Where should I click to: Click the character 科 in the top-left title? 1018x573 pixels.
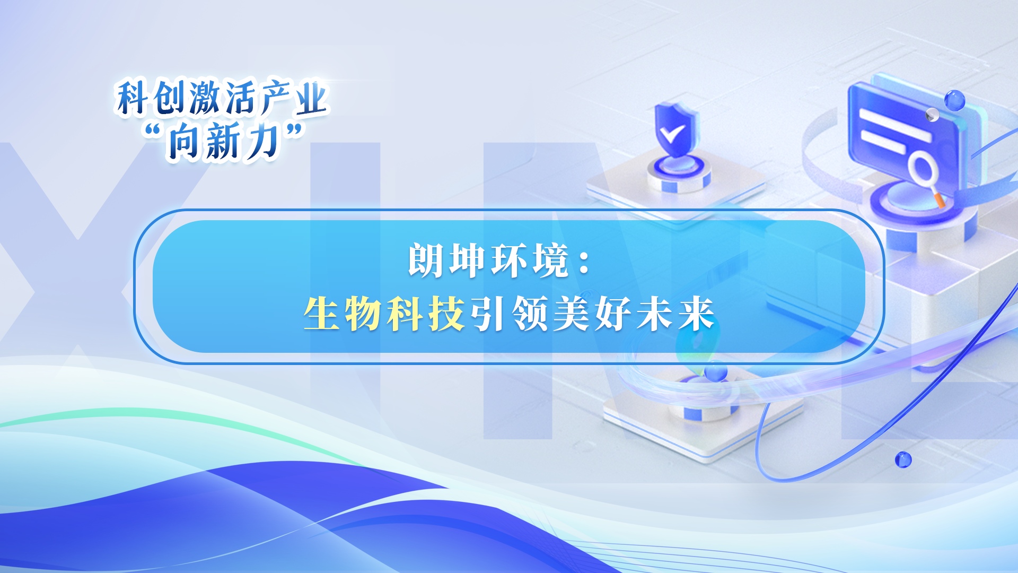point(133,98)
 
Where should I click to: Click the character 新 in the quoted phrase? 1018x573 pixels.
point(223,141)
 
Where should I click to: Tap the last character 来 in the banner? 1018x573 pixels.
point(697,314)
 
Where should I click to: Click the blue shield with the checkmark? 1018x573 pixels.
point(675,129)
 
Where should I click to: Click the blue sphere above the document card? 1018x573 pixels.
point(954,100)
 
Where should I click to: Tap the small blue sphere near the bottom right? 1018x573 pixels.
point(903,459)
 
